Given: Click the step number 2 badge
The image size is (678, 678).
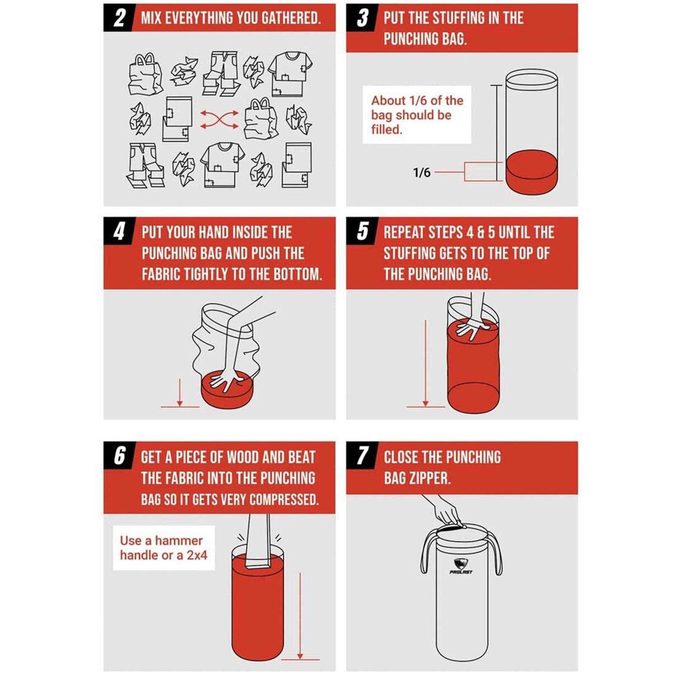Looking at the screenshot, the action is pos(118,18).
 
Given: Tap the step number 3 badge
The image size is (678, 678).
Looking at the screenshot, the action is pos(362,18).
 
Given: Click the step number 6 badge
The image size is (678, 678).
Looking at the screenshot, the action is pos(118,456).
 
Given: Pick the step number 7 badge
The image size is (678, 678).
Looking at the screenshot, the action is pos(362,456).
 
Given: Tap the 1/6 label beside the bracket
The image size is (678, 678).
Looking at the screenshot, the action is pos(422,172).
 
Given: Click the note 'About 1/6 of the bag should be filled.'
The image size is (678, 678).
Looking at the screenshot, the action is pos(417,115).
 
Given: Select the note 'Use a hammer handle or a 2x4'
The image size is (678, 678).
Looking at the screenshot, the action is pos(163,547).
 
